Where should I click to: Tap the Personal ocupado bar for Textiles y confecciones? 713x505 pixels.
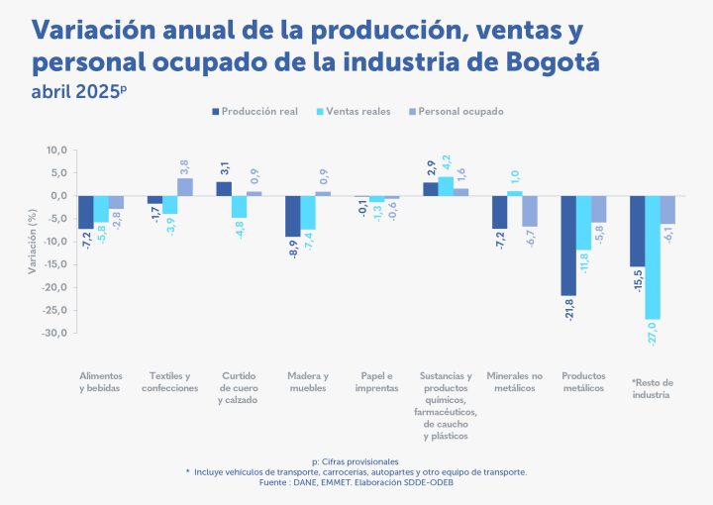185,187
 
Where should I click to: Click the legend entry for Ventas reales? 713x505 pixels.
354,112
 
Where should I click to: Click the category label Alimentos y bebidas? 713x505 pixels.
102,382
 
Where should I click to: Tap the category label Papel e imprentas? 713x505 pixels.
376,382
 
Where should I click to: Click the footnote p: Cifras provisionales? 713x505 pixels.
356,461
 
